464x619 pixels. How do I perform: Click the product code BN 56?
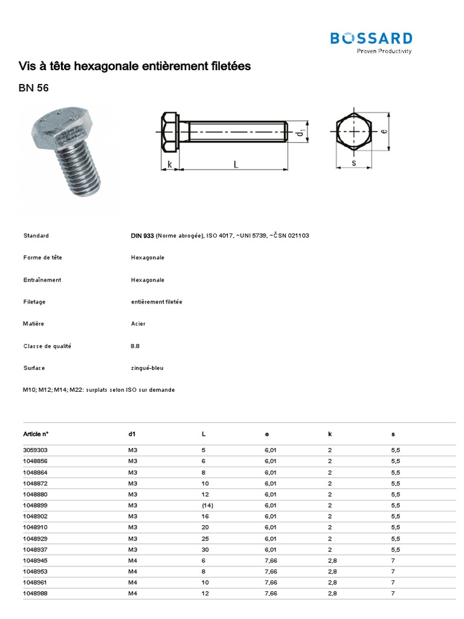(34, 88)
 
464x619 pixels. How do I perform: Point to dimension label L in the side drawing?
(235, 164)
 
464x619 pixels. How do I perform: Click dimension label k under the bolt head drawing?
(170, 164)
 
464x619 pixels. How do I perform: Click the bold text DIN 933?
(142, 235)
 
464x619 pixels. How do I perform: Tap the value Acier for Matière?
(138, 324)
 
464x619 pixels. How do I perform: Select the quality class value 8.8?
(135, 346)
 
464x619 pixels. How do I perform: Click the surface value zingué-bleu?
(147, 368)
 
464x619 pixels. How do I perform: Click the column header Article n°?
(36, 434)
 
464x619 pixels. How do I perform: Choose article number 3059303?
(35, 450)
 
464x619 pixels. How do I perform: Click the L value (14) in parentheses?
(208, 505)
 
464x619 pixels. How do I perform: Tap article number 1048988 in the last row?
(35, 594)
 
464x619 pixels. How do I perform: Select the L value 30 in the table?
(205, 549)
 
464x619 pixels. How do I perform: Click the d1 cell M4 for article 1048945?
(133, 560)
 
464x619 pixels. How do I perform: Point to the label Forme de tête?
(43, 258)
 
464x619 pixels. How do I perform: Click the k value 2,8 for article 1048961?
(332, 582)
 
